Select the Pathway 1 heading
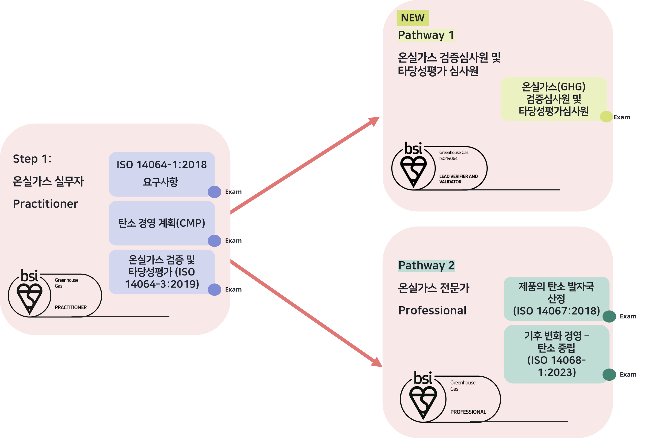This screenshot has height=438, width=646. pyautogui.click(x=426, y=35)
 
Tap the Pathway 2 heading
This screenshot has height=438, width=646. pyautogui.click(x=426, y=266)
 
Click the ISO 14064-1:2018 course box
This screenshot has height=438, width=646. pyautogui.click(x=162, y=174)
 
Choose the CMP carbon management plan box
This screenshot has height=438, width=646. pyautogui.click(x=162, y=223)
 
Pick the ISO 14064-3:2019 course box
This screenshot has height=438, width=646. pyautogui.click(x=162, y=272)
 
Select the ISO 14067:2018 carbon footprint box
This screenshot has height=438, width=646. pyautogui.click(x=556, y=299)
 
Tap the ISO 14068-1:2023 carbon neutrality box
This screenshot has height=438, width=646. pyautogui.click(x=556, y=354)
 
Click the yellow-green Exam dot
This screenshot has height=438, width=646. pyautogui.click(x=606, y=117)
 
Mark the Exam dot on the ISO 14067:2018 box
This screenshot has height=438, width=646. pyautogui.click(x=609, y=316)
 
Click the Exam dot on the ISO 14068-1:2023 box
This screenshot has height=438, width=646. pyautogui.click(x=609, y=375)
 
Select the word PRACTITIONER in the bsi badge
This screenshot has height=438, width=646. pyautogui.click(x=71, y=307)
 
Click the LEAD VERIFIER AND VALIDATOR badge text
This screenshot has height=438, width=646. pyautogui.click(x=458, y=179)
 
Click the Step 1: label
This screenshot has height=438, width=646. pyautogui.click(x=32, y=159)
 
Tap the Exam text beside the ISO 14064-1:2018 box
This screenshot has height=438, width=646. pyautogui.click(x=233, y=192)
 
